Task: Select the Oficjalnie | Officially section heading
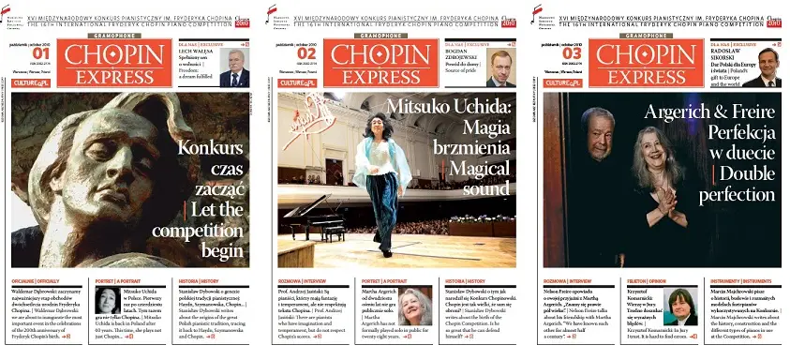pyautogui.click(x=37, y=279)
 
